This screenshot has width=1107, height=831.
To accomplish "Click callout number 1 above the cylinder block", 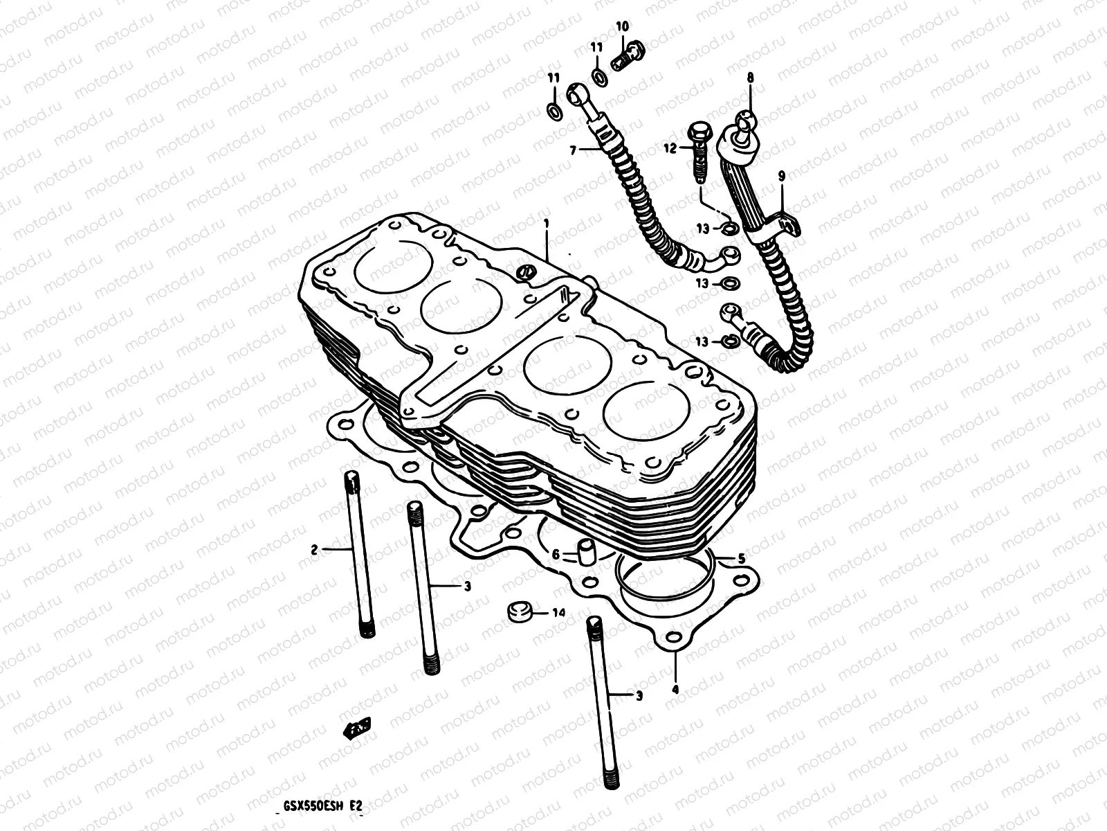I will (547, 223).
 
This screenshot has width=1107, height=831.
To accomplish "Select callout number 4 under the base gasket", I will (675, 689).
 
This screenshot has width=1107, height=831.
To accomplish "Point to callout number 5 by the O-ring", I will (741, 557).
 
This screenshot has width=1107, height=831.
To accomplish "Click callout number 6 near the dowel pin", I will (555, 553).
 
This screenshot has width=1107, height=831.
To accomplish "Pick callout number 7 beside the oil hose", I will (572, 149).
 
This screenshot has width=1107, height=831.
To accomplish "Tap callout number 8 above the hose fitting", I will (749, 79).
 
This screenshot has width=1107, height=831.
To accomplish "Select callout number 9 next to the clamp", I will (782, 177).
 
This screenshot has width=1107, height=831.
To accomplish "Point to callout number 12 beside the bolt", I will (668, 148).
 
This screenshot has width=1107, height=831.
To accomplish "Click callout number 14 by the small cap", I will (559, 613).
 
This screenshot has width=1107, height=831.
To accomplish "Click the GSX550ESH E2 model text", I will (324, 806).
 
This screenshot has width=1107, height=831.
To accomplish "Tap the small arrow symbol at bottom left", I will (358, 727).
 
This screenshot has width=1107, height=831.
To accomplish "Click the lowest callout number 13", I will (703, 341).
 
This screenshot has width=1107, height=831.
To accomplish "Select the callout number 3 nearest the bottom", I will (639, 695).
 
